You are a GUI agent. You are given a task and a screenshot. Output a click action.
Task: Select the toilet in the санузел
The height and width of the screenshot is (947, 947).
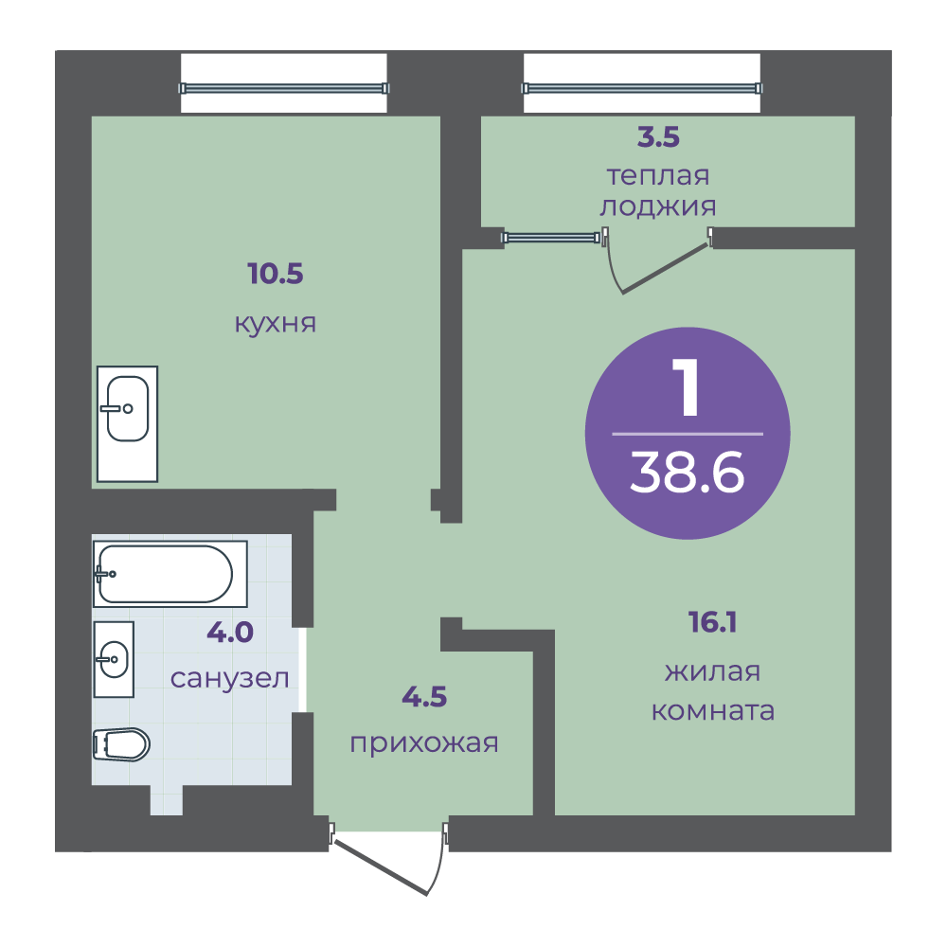coord(121,744)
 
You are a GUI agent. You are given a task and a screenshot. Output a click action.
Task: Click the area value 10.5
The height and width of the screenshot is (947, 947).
coord(275,275)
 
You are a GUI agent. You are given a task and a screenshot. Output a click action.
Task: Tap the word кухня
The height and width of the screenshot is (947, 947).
coord(275,324)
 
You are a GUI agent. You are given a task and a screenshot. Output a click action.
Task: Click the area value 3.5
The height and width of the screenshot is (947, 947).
coord(659,138)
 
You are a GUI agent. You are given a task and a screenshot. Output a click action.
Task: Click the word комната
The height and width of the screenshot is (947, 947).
coord(713,710)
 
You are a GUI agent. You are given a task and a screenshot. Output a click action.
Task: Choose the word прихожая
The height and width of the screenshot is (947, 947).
coord(424,743)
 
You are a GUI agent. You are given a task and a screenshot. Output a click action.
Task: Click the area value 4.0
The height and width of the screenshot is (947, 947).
coord(231,632)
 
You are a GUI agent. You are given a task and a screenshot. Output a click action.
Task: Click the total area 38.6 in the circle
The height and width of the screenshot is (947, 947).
coord(688,473)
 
